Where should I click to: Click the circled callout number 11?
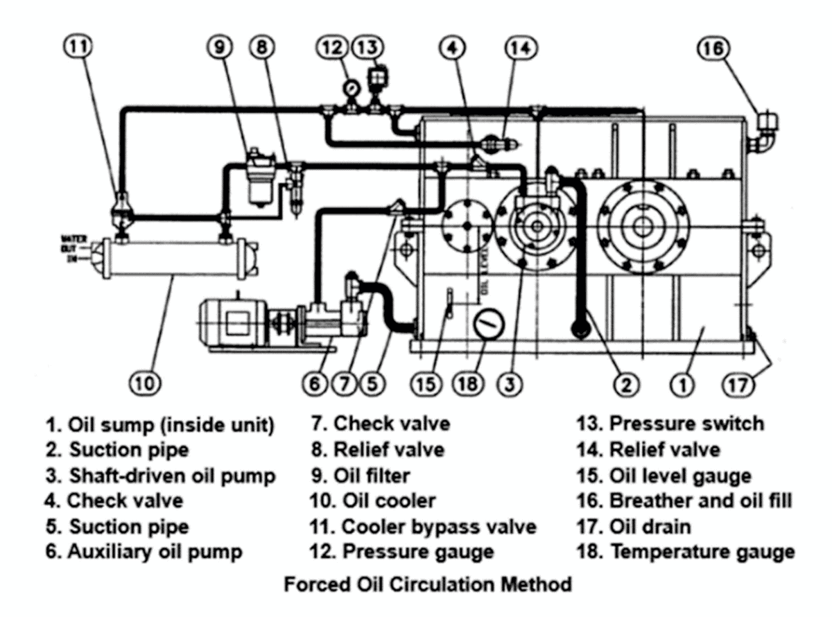pyautogui.click(x=82, y=48)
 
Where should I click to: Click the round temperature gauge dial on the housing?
pyautogui.click(x=488, y=322)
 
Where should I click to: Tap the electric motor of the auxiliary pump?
pyautogui.click(x=232, y=323)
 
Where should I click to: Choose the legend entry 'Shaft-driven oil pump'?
pyautogui.click(x=161, y=476)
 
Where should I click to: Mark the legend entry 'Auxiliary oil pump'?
pyautogui.click(x=144, y=552)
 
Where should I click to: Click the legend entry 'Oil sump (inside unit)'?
pyautogui.click(x=159, y=424)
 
